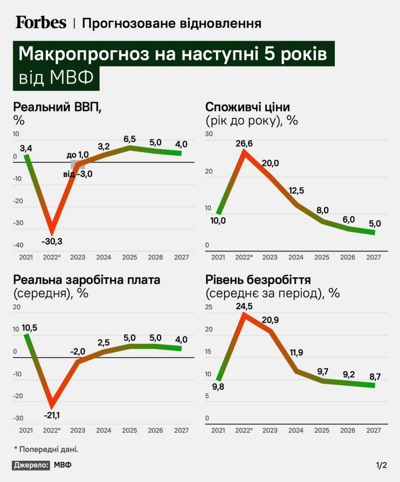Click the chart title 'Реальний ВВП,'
(x=57, y=107)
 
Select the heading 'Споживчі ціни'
(x=247, y=107)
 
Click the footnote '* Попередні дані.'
(x=46, y=449)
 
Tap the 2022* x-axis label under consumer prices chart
(x=244, y=258)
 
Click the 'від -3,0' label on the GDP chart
(x=78, y=174)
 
